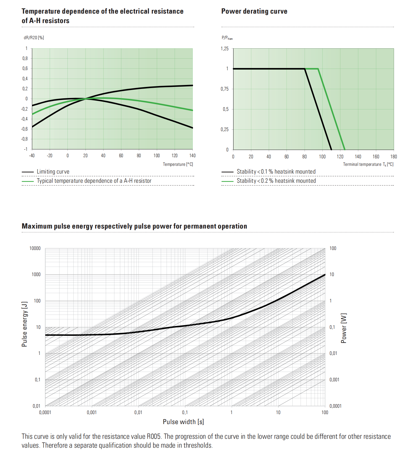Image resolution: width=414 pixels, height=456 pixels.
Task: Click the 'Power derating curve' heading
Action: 254,11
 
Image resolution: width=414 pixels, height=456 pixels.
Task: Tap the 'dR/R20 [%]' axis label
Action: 34,38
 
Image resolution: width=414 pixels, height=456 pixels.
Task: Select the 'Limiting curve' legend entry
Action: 53,172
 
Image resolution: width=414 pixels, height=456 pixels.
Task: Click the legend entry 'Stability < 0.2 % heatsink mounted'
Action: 276,181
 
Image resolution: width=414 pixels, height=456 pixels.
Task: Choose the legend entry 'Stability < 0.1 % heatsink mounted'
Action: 276,172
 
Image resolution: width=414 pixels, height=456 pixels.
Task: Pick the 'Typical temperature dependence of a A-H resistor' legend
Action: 94,181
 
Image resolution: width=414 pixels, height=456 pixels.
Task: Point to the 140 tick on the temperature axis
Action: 192,156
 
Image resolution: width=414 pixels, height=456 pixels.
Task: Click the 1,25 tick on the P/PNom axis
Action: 225,49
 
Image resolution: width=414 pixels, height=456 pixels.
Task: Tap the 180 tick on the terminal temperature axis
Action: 393,157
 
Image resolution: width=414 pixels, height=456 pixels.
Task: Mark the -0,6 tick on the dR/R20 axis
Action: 25,129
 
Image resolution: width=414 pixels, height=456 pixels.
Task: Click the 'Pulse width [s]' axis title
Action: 183,422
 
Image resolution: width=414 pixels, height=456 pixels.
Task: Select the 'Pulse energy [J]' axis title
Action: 25,324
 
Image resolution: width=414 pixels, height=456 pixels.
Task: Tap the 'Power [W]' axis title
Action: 344,328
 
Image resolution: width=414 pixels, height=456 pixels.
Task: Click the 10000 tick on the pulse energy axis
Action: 35,248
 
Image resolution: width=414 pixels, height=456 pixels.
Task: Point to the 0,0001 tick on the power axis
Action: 335,406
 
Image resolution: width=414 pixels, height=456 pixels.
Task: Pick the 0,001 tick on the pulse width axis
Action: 92,412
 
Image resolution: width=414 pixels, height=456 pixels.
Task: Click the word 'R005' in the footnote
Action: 154,436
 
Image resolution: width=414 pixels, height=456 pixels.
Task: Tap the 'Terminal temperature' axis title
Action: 362,164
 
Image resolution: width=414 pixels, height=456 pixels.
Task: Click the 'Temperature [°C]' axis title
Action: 178,164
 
